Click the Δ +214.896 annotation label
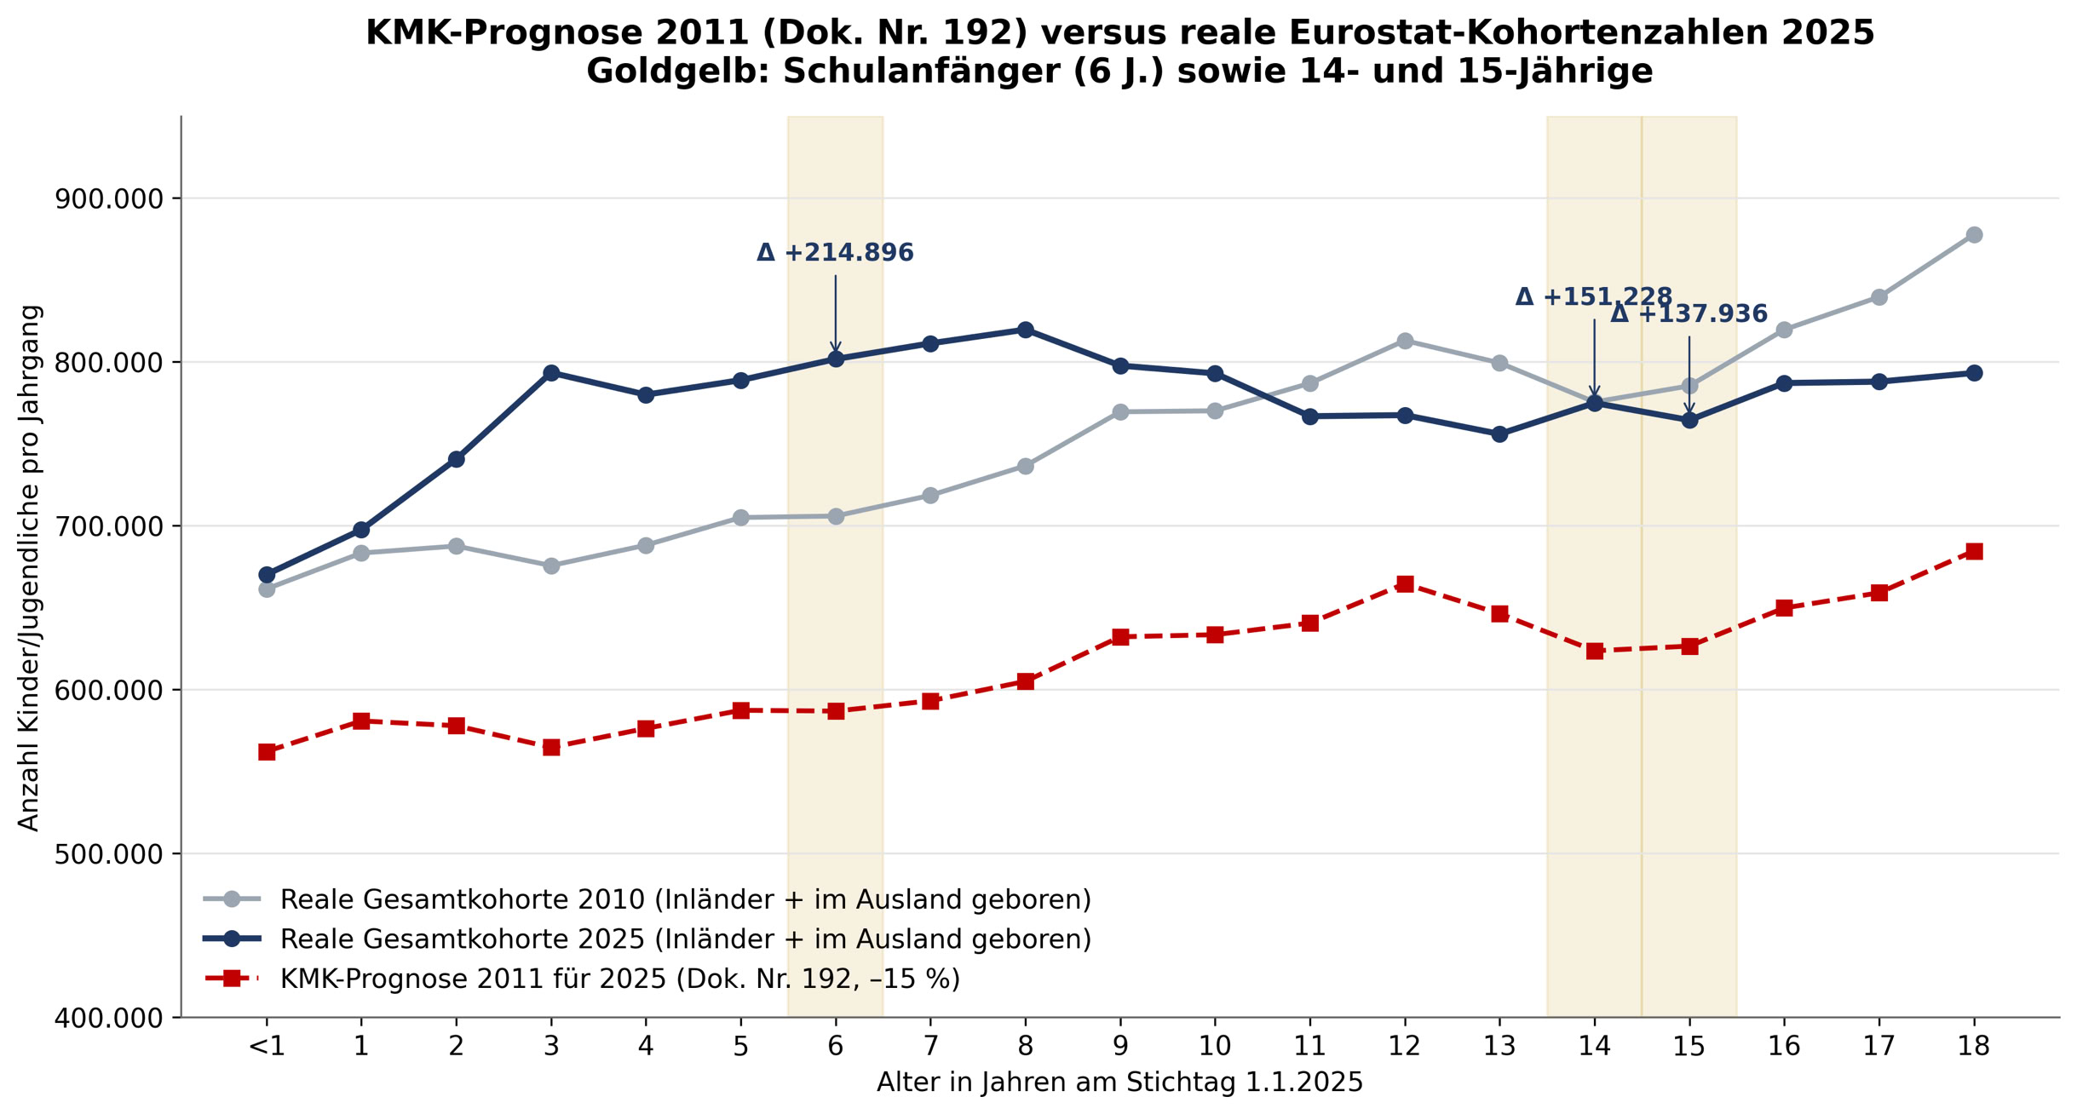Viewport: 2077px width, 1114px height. coord(835,253)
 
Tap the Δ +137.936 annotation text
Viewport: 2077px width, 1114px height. coord(1689,314)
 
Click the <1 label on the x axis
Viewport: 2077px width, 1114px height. coord(267,1046)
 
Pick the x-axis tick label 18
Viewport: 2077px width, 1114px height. coord(1974,1046)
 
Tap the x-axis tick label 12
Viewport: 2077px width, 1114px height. coord(1405,1046)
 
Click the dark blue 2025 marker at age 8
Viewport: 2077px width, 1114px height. coord(1025,330)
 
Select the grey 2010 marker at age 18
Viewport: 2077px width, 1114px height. coord(1974,235)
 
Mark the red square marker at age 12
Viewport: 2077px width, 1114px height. coord(1405,584)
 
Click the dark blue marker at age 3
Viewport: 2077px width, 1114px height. coord(551,373)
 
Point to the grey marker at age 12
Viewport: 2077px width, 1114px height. coord(1405,342)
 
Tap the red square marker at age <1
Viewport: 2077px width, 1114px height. coord(267,752)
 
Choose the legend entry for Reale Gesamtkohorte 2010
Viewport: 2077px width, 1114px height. coord(647,899)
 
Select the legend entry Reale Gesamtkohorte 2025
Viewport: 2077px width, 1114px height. coord(647,939)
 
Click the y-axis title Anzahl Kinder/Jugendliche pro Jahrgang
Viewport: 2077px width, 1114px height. coord(29,567)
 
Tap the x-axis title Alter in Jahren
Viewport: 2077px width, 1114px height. coord(1119,1082)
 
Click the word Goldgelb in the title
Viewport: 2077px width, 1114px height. coord(678,72)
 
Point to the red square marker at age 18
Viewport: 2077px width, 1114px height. coord(1974,552)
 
